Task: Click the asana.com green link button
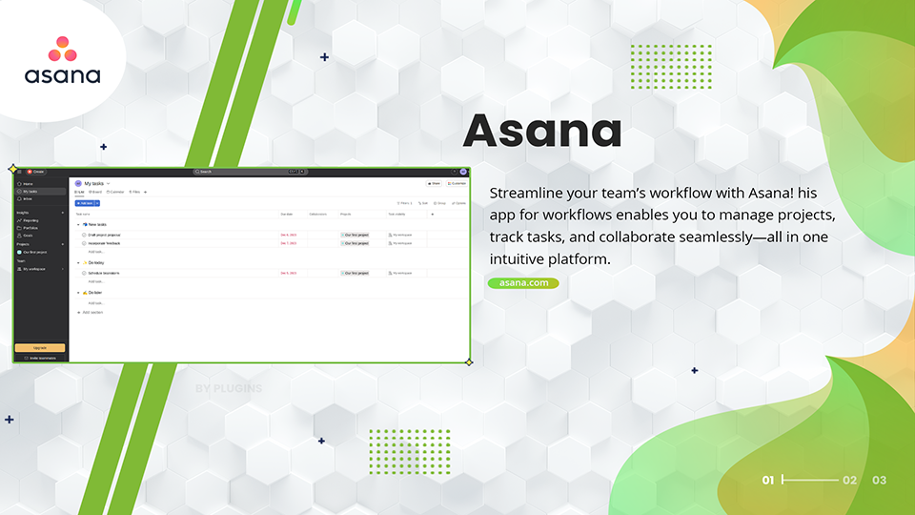tap(523, 283)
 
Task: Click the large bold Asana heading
tap(542, 132)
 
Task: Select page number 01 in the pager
tap(768, 481)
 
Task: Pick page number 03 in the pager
tap(879, 481)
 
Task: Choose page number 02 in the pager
tap(850, 481)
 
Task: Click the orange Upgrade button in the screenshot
tap(40, 348)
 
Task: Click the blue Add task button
tap(85, 203)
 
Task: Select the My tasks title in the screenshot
tap(94, 183)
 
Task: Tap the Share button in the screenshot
tap(434, 183)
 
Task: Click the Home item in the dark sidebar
tap(28, 183)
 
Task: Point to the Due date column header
tap(286, 214)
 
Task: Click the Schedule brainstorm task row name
tap(104, 273)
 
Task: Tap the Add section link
tap(91, 312)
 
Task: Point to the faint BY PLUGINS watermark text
tap(228, 389)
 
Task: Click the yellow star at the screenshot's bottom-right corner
tap(469, 362)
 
